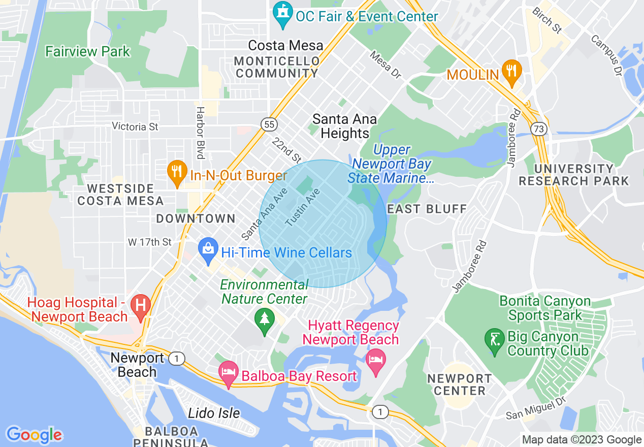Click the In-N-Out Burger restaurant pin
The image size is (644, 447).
pos(176,173)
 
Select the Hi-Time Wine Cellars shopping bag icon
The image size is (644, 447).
pos(208,250)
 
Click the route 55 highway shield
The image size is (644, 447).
pos(269,124)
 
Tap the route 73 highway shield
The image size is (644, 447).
pos(539,129)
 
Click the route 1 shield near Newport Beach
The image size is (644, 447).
pos(176,358)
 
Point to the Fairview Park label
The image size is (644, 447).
pos(87,52)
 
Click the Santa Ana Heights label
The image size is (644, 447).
pos(344,126)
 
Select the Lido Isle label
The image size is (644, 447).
pos(214,413)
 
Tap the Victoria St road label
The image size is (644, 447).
pos(135,126)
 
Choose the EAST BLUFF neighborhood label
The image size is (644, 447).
pos(426,209)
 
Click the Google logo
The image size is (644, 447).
pos(34,435)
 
